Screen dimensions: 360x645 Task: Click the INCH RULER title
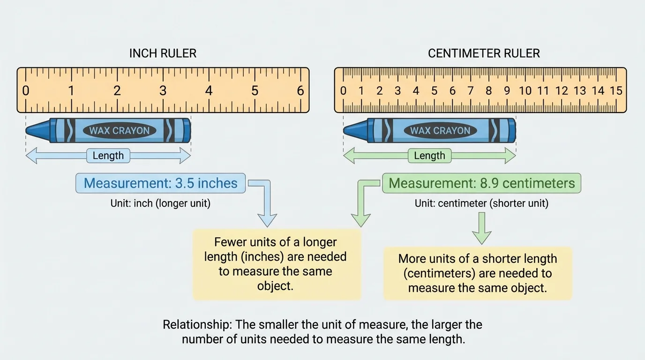point(163,53)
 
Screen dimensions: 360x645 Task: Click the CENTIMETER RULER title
point(484,53)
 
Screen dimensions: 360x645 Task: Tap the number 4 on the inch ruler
point(209,90)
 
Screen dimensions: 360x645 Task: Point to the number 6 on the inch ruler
point(300,90)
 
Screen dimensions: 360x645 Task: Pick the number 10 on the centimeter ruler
point(525,90)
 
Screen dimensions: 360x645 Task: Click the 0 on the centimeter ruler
point(343,90)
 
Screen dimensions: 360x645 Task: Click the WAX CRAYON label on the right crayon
point(440,131)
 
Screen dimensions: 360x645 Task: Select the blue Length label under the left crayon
point(108,156)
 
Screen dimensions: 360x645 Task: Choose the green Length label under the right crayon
point(429,156)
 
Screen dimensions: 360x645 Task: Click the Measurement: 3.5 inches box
point(160,183)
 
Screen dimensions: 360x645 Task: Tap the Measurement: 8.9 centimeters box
point(481,183)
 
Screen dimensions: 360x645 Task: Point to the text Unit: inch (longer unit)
point(160,203)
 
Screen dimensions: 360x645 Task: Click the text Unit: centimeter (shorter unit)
point(481,203)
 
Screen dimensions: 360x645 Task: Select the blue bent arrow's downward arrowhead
point(267,219)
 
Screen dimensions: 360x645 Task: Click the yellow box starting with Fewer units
point(277,264)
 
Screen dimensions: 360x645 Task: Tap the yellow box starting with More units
point(477,273)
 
